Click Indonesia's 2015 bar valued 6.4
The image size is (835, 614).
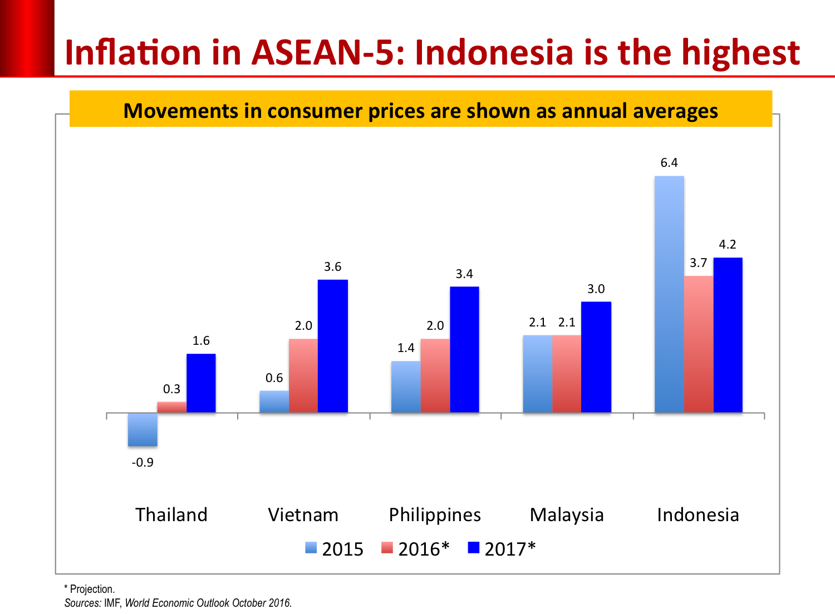click(669, 294)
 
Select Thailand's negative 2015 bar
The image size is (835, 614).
click(143, 429)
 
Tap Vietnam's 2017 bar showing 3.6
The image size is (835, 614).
click(333, 346)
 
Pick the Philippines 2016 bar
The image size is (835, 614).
click(435, 375)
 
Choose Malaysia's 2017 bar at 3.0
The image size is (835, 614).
click(596, 357)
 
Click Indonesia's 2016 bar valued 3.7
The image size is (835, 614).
click(699, 344)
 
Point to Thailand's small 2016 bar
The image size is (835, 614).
click(172, 407)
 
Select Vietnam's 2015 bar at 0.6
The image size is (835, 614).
click(274, 402)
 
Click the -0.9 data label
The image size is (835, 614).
click(143, 463)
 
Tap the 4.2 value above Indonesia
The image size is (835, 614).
click(728, 245)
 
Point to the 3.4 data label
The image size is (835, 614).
click(464, 274)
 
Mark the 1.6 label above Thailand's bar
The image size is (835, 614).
click(201, 341)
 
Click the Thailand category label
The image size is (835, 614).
click(171, 515)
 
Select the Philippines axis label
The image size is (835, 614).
click(435, 515)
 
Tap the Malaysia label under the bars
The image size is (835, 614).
click(567, 515)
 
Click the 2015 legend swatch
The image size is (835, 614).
click(311, 548)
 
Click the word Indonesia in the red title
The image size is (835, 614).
click(494, 53)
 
